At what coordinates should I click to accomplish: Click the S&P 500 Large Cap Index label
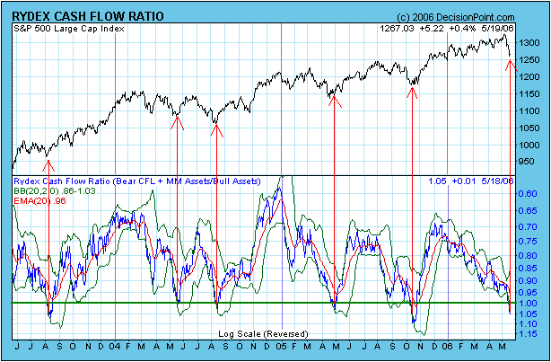pos(69,29)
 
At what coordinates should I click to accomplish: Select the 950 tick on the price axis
pos(528,161)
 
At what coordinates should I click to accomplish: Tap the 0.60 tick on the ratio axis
pos(529,193)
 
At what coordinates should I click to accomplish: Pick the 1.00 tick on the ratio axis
pos(529,303)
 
